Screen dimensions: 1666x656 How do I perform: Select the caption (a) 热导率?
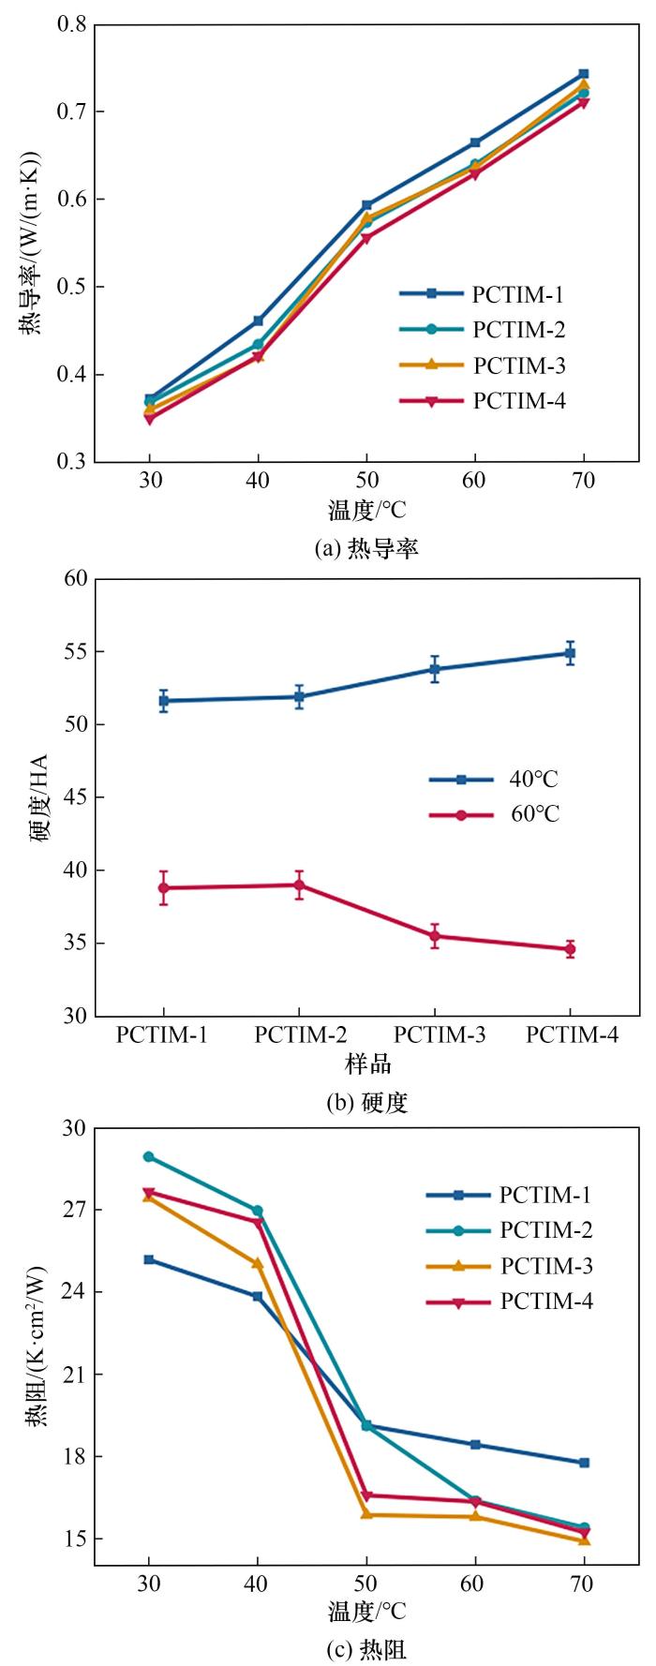pos(365,549)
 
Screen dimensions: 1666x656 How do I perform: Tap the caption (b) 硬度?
pos(366,1103)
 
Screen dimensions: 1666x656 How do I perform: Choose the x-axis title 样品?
pos(366,1064)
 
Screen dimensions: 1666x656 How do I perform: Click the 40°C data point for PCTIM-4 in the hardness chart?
pos(570,653)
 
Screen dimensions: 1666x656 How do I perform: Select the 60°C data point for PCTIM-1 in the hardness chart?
pos(164,887)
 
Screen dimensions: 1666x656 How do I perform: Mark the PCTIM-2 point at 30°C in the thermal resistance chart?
pos(149,1156)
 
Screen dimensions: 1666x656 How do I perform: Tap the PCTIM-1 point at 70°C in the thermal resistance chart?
pos(584,1463)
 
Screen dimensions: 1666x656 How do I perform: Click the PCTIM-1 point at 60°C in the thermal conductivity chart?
pos(475,142)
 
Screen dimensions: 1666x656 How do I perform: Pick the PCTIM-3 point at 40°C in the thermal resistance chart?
pos(258,1263)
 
